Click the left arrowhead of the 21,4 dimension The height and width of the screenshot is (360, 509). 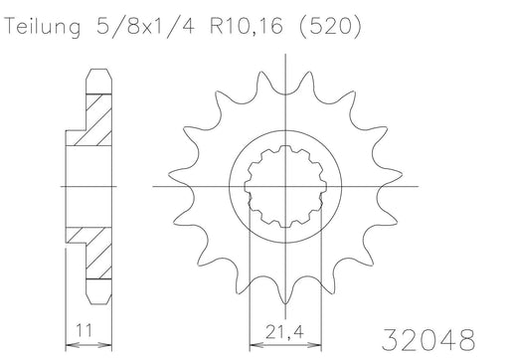[250, 338]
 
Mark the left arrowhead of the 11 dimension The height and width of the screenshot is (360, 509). [68, 338]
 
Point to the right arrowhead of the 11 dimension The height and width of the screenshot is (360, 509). [106, 338]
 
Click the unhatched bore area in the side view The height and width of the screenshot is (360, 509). [87, 186]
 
